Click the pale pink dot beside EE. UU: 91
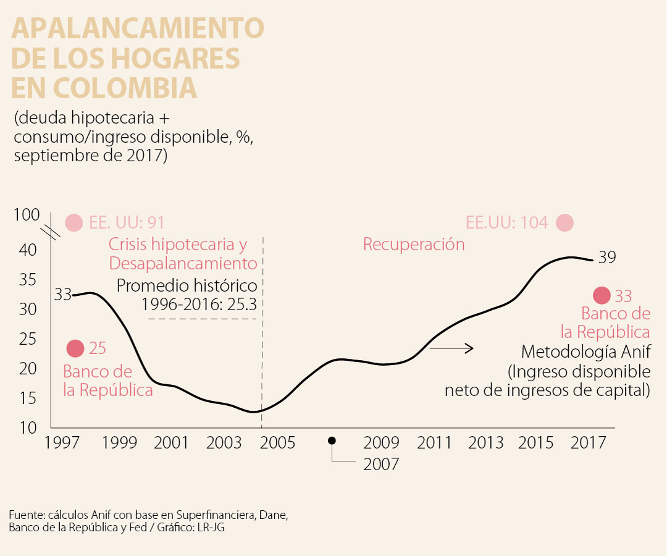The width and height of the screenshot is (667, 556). pos(74,222)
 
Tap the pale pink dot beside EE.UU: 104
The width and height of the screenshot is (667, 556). pos(564,222)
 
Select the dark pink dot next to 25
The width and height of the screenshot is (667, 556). pos(75,348)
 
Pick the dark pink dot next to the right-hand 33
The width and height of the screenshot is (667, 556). pos(602,295)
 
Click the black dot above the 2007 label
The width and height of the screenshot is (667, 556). pos(332,440)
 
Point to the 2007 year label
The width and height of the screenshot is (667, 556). pos(381,464)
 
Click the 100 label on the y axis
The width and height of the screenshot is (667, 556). pos(27,215)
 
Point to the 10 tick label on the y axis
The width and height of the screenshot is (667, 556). pos(28,428)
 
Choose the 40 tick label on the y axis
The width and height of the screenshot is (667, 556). pos(28,250)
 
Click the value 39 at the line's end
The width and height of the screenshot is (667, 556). pos(607,257)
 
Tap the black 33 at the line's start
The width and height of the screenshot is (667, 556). pos(63,295)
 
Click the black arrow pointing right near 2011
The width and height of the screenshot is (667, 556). pos(451,348)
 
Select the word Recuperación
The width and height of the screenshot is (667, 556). pos(414,244)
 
